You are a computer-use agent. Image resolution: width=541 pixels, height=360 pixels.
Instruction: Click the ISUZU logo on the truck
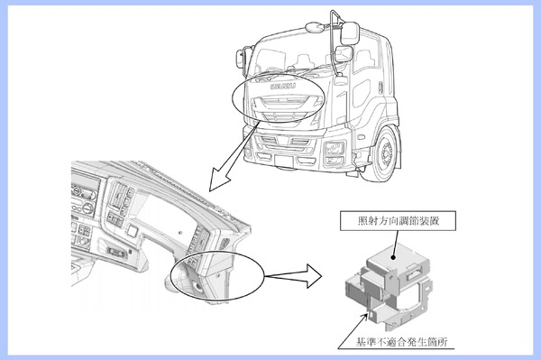(283, 87)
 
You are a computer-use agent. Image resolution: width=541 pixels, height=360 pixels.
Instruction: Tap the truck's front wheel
(383, 153)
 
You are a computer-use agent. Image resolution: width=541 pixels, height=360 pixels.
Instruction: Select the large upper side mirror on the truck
(350, 33)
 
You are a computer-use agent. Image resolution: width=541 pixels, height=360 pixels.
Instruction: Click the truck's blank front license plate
(284, 161)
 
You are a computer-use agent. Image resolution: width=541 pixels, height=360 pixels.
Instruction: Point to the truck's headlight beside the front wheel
(334, 148)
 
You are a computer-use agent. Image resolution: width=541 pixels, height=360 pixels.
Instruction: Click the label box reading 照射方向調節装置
(398, 221)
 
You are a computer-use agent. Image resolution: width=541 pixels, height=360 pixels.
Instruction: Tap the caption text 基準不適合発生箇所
(402, 342)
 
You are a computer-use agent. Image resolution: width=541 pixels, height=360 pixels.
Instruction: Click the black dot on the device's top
(392, 257)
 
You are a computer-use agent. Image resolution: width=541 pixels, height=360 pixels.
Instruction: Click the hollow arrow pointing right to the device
(294, 276)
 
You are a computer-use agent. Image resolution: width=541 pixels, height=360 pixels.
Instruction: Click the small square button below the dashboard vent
(133, 231)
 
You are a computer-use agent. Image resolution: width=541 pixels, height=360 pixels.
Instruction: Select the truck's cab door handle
(381, 88)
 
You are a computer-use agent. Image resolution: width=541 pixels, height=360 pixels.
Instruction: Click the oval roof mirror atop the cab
(314, 27)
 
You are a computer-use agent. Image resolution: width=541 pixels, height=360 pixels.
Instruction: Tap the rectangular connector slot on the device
(413, 275)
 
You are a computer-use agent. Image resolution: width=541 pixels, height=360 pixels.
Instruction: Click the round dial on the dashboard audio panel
(87, 208)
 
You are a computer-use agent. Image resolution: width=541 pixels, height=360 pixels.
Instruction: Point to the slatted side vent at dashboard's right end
(224, 244)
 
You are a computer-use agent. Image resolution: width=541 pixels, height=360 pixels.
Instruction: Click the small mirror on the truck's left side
(241, 58)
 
